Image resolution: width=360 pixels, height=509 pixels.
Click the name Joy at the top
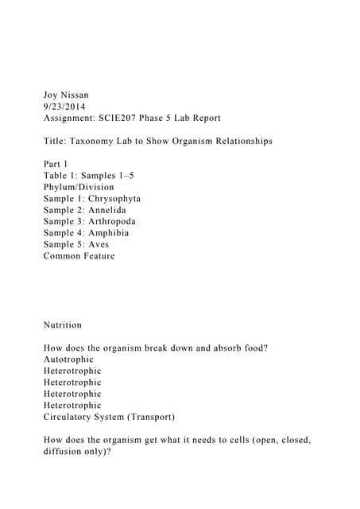click(x=52, y=95)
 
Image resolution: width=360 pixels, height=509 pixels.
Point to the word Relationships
click(x=238, y=141)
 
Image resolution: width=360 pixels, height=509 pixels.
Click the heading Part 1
click(x=57, y=164)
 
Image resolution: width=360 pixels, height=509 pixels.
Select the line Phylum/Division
click(x=79, y=187)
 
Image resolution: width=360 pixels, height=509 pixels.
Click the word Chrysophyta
click(x=113, y=198)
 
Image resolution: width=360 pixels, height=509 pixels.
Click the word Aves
click(x=99, y=244)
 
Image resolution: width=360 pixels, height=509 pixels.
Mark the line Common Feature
click(x=79, y=256)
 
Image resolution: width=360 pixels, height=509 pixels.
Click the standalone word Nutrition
click(x=63, y=324)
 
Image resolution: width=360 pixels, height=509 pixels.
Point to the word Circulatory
click(x=71, y=417)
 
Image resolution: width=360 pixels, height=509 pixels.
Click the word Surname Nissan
click(x=83, y=95)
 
